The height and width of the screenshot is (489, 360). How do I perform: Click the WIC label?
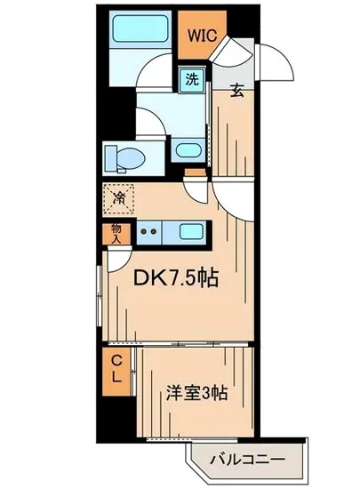pyautogui.click(x=198, y=36)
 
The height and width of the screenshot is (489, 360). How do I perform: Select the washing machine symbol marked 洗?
pyautogui.click(x=191, y=78)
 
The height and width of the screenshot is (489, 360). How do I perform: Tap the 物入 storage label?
pyautogui.click(x=116, y=233)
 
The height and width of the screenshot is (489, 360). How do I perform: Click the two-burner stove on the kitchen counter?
pyautogui.click(x=148, y=233)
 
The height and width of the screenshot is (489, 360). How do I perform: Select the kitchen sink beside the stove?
pyautogui.click(x=190, y=233)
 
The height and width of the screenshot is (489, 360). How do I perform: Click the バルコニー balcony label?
pyautogui.click(x=247, y=461)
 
